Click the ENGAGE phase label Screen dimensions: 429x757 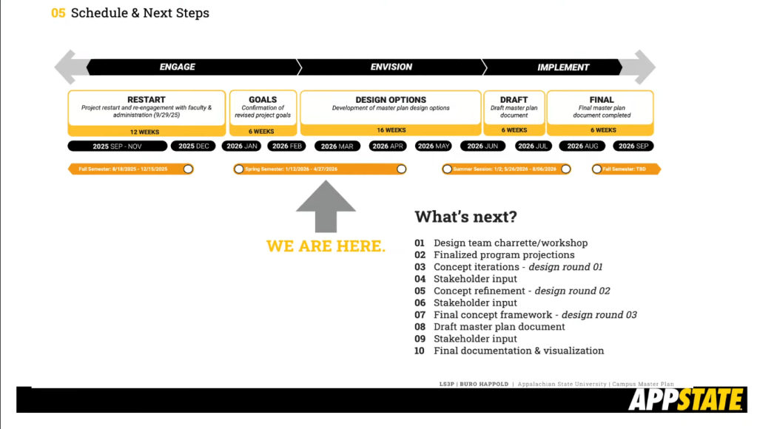click(x=178, y=67)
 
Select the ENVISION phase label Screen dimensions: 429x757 click(x=391, y=67)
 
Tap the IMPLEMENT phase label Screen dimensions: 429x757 click(x=563, y=67)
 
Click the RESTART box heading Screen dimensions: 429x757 click(x=147, y=100)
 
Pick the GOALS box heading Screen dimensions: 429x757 click(x=263, y=100)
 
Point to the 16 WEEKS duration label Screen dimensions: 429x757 click(x=391, y=130)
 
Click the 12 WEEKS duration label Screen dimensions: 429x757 click(x=145, y=132)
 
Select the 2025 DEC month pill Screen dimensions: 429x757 click(x=193, y=146)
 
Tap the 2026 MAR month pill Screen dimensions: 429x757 click(x=337, y=146)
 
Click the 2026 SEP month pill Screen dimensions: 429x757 click(x=633, y=146)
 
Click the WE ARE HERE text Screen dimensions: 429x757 click(x=326, y=246)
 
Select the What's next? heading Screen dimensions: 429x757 click(x=465, y=217)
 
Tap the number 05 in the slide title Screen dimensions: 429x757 click(x=58, y=13)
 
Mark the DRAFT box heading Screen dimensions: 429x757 click(x=514, y=100)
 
